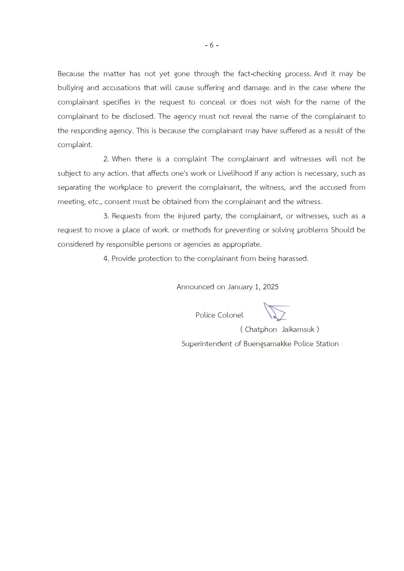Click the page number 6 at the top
[212, 45]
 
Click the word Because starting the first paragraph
[71, 74]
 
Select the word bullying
[70, 88]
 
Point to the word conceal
[212, 102]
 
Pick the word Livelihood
[235, 173]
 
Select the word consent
[118, 202]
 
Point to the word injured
[189, 216]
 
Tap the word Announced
[195, 287]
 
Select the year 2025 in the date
[271, 287]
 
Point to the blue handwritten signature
[275, 312]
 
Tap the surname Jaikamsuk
[298, 330]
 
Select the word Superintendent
[207, 344]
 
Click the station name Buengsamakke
[267, 344]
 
